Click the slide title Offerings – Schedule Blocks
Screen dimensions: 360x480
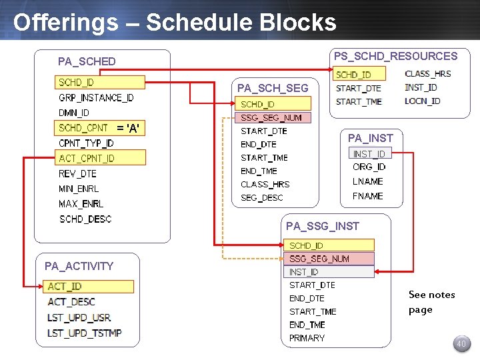point(175,22)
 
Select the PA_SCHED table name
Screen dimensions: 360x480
point(87,61)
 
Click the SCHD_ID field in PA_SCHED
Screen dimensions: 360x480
point(76,83)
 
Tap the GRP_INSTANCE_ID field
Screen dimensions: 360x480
point(96,98)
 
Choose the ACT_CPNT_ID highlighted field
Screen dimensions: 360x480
point(87,158)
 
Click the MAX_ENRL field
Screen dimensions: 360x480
point(81,204)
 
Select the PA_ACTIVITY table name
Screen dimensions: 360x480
point(79,266)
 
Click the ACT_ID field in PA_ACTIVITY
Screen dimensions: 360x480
point(65,287)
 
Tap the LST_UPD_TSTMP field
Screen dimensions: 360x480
point(84,333)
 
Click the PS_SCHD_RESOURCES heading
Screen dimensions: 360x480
point(395,56)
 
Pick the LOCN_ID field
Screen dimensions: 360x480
point(422,101)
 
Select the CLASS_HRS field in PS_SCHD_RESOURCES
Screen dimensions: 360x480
point(427,74)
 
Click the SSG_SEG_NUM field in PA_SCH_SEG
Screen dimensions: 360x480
point(271,118)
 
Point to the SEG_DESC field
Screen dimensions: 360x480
point(261,198)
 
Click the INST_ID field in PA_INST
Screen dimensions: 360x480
point(369,154)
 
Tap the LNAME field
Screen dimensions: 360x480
point(367,181)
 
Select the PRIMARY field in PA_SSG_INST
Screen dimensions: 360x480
point(307,338)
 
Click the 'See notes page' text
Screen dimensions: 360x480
point(431,302)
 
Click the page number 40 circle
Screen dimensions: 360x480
point(461,344)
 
